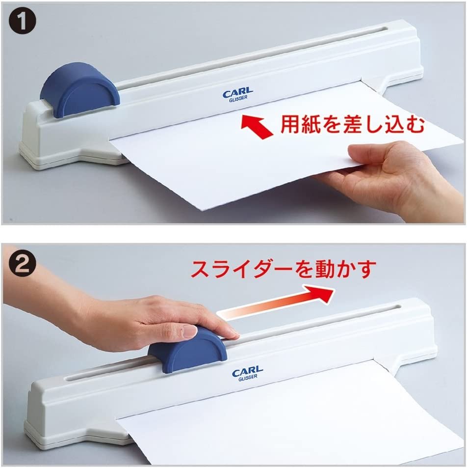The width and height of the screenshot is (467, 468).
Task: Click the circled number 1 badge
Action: (23, 22)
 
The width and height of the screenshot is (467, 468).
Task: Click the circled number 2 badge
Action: (23, 264)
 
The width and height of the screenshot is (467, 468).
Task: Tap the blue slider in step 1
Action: (79, 89)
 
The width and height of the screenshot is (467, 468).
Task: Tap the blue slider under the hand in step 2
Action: (187, 350)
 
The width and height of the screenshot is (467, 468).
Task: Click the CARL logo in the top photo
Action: (238, 93)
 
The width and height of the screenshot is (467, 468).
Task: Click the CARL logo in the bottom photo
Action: (248, 371)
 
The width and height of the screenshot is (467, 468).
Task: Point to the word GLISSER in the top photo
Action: (238, 99)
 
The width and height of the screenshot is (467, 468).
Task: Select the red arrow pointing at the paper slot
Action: (257, 127)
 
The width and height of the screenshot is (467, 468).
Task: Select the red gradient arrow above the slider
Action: (276, 303)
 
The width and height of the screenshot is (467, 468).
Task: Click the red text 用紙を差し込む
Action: (353, 124)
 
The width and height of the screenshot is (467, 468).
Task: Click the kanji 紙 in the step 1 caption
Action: (311, 124)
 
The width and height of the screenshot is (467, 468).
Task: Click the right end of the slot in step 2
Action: (400, 307)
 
